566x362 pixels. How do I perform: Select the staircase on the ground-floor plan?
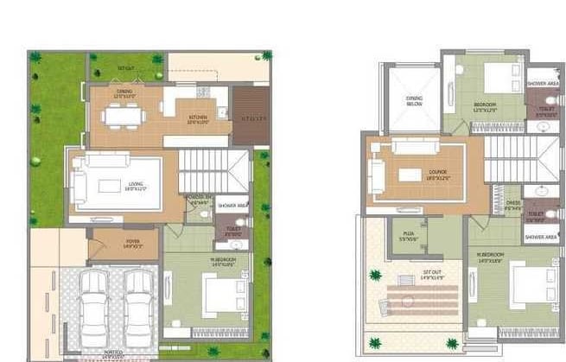[x=212, y=170]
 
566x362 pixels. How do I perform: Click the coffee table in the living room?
[x=109, y=186]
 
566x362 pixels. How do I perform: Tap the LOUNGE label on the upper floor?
[x=437, y=171]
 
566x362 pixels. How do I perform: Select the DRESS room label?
[x=512, y=206]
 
